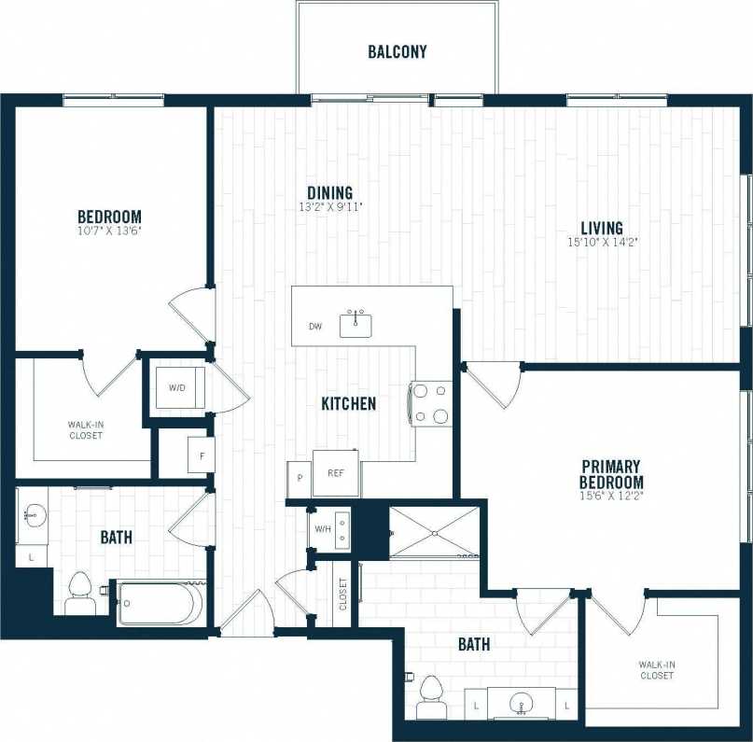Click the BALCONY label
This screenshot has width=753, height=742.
click(x=397, y=51)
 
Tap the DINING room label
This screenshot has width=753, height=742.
click(x=329, y=193)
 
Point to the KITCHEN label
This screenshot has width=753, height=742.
click(x=349, y=403)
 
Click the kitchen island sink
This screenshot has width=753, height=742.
click(x=356, y=324)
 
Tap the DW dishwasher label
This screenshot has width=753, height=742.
click(x=315, y=327)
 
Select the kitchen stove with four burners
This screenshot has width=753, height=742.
click(x=430, y=403)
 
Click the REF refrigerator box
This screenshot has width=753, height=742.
click(x=335, y=472)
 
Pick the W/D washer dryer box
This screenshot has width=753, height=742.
click(x=177, y=387)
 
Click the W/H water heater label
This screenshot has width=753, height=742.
click(x=323, y=530)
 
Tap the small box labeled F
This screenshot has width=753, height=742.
click(x=201, y=455)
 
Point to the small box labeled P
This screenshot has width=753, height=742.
click(x=300, y=476)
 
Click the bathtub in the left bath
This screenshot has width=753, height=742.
click(x=157, y=603)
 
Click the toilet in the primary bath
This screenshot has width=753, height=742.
click(x=430, y=696)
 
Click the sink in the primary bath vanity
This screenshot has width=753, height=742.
click(x=523, y=703)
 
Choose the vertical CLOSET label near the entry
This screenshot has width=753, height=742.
click(x=342, y=593)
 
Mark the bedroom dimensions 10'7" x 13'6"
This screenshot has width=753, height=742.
click(x=109, y=230)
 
